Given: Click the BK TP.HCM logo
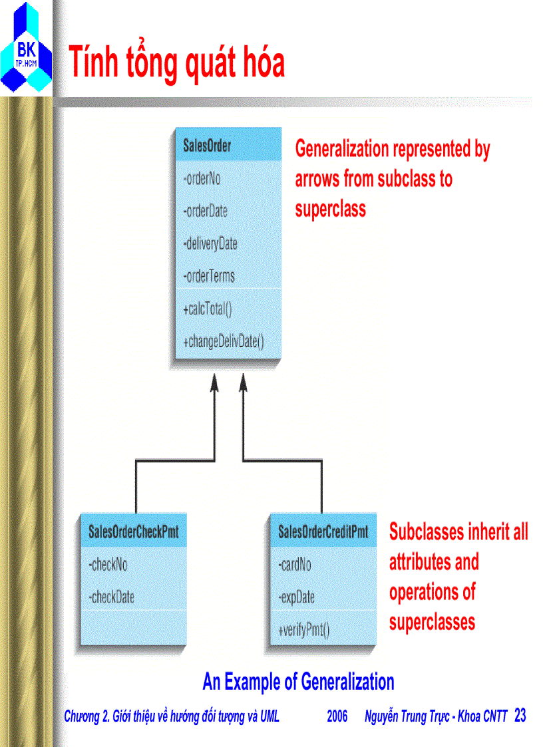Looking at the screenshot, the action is (x=26, y=48).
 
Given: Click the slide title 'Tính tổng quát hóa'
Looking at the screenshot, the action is (x=177, y=63).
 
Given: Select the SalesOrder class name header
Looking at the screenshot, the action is (x=207, y=146).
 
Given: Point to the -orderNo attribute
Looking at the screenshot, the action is (x=202, y=179).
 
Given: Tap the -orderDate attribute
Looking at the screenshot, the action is (x=205, y=211).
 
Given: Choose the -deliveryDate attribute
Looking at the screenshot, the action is (x=210, y=244).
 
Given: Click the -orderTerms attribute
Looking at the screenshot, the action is (x=209, y=276).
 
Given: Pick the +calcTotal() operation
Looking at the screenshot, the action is (x=208, y=309).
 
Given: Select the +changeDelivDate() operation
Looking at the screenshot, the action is (x=223, y=342).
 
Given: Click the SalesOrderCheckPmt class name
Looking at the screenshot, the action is (x=134, y=531).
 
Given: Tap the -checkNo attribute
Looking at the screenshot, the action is (x=108, y=565).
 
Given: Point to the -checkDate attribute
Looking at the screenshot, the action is (x=111, y=597).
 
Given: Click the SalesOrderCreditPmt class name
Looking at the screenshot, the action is (x=323, y=531).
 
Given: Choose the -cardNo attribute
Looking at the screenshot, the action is (x=295, y=565).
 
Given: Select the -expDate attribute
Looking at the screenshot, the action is (x=296, y=597).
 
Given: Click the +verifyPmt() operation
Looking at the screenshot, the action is (x=303, y=631).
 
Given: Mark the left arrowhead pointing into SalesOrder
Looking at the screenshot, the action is (x=214, y=382).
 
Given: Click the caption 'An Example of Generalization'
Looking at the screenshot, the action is (x=298, y=682).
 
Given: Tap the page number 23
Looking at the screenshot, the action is (x=520, y=715).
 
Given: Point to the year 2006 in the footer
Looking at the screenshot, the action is (x=337, y=716).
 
